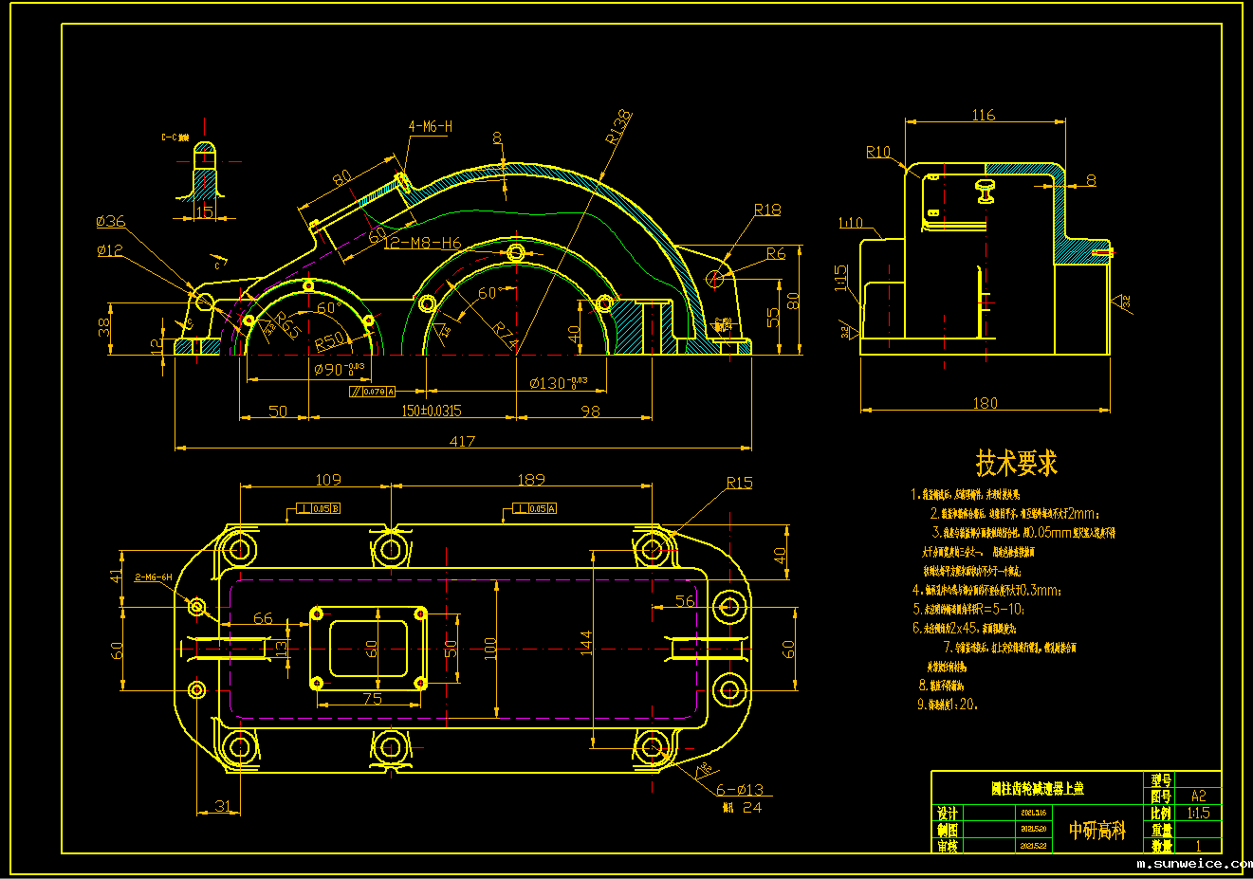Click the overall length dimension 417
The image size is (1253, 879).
462,441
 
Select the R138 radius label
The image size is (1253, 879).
617,127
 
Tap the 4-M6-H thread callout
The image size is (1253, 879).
430,126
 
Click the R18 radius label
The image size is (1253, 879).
767,210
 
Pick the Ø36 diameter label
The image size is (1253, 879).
111,221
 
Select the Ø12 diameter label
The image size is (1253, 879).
110,250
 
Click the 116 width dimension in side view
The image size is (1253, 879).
984,115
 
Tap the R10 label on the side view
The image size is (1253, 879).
878,152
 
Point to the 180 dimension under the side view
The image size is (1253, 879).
986,403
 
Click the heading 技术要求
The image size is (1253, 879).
1016,464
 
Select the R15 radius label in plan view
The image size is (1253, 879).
739,483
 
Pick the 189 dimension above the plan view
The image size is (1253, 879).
531,480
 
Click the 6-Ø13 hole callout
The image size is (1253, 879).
739,790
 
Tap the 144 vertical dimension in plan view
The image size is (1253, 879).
586,642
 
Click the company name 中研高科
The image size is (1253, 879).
1096,831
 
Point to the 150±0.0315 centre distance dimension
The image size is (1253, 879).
431,411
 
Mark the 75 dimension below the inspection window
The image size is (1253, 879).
372,699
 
